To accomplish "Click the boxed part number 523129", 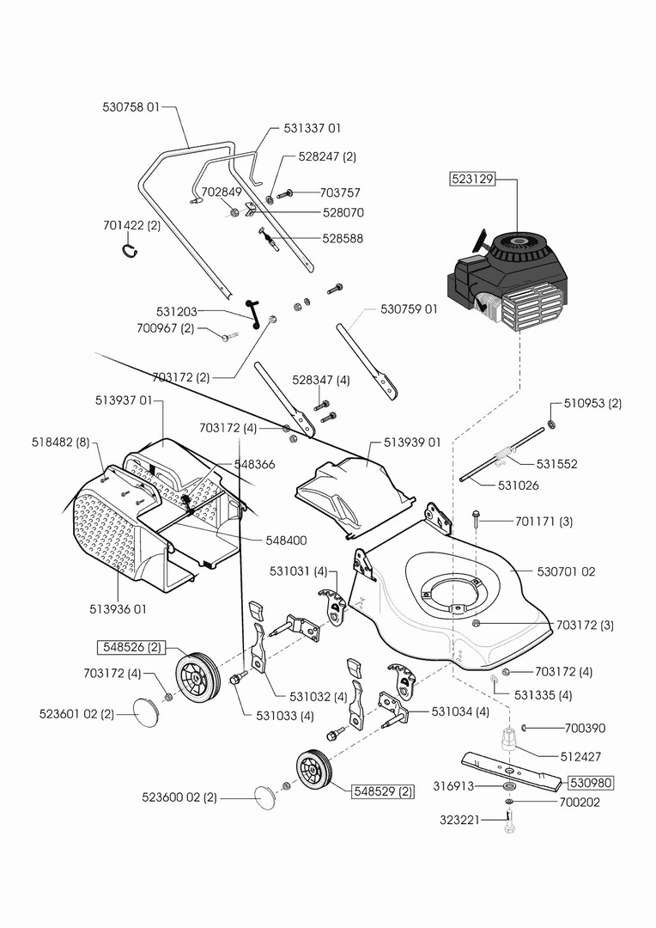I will pos(472,180).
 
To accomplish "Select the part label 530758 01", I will pos(131,107).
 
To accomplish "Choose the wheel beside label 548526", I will pos(198,675).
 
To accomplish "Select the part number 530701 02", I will pos(566,571).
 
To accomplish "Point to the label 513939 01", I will pos(411,443).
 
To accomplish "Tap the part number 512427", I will pos(581,757).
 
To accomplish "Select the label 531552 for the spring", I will pos(556,464).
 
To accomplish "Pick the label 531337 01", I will pos(313,128).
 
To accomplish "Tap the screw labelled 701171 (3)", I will pos(476,518).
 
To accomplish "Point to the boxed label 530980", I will pos(592,783).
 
